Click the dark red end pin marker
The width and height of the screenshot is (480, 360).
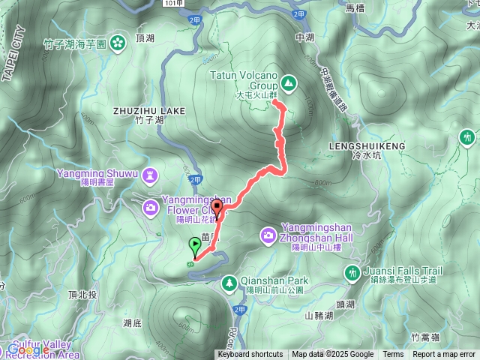click(x=217, y=208)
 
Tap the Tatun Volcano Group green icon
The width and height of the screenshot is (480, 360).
click(x=289, y=81)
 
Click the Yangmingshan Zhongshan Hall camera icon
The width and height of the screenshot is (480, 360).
click(x=268, y=235)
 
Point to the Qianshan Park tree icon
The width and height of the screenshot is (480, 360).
click(x=229, y=282)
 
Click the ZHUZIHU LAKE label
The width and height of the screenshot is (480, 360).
click(x=148, y=111)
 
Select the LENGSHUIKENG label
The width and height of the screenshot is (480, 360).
click(x=367, y=146)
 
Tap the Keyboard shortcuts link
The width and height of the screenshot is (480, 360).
click(x=250, y=355)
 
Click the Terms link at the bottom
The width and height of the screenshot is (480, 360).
click(x=393, y=355)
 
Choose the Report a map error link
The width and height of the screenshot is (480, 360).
click(x=444, y=355)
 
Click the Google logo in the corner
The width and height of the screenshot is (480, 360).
click(x=28, y=349)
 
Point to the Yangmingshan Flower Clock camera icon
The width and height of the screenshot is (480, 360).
click(x=151, y=205)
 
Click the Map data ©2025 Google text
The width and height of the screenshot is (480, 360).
click(x=333, y=355)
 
